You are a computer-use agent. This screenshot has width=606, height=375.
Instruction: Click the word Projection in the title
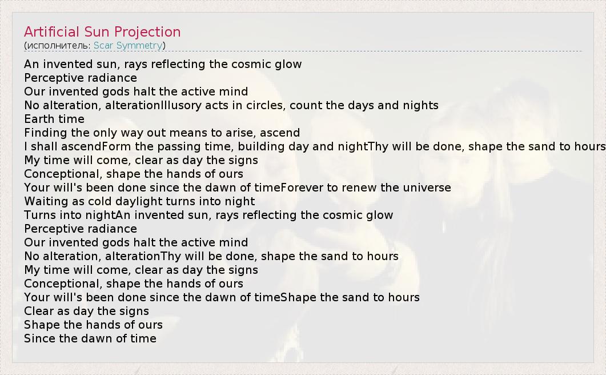tap(147, 32)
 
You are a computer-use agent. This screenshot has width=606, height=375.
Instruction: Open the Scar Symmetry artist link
tap(128, 46)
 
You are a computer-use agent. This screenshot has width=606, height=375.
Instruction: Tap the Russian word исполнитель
tap(58, 46)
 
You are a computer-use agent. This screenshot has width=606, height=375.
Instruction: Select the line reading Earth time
tap(54, 119)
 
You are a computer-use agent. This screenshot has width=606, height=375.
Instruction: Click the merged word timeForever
tap(289, 187)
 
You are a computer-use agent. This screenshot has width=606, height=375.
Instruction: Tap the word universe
tap(427, 188)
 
